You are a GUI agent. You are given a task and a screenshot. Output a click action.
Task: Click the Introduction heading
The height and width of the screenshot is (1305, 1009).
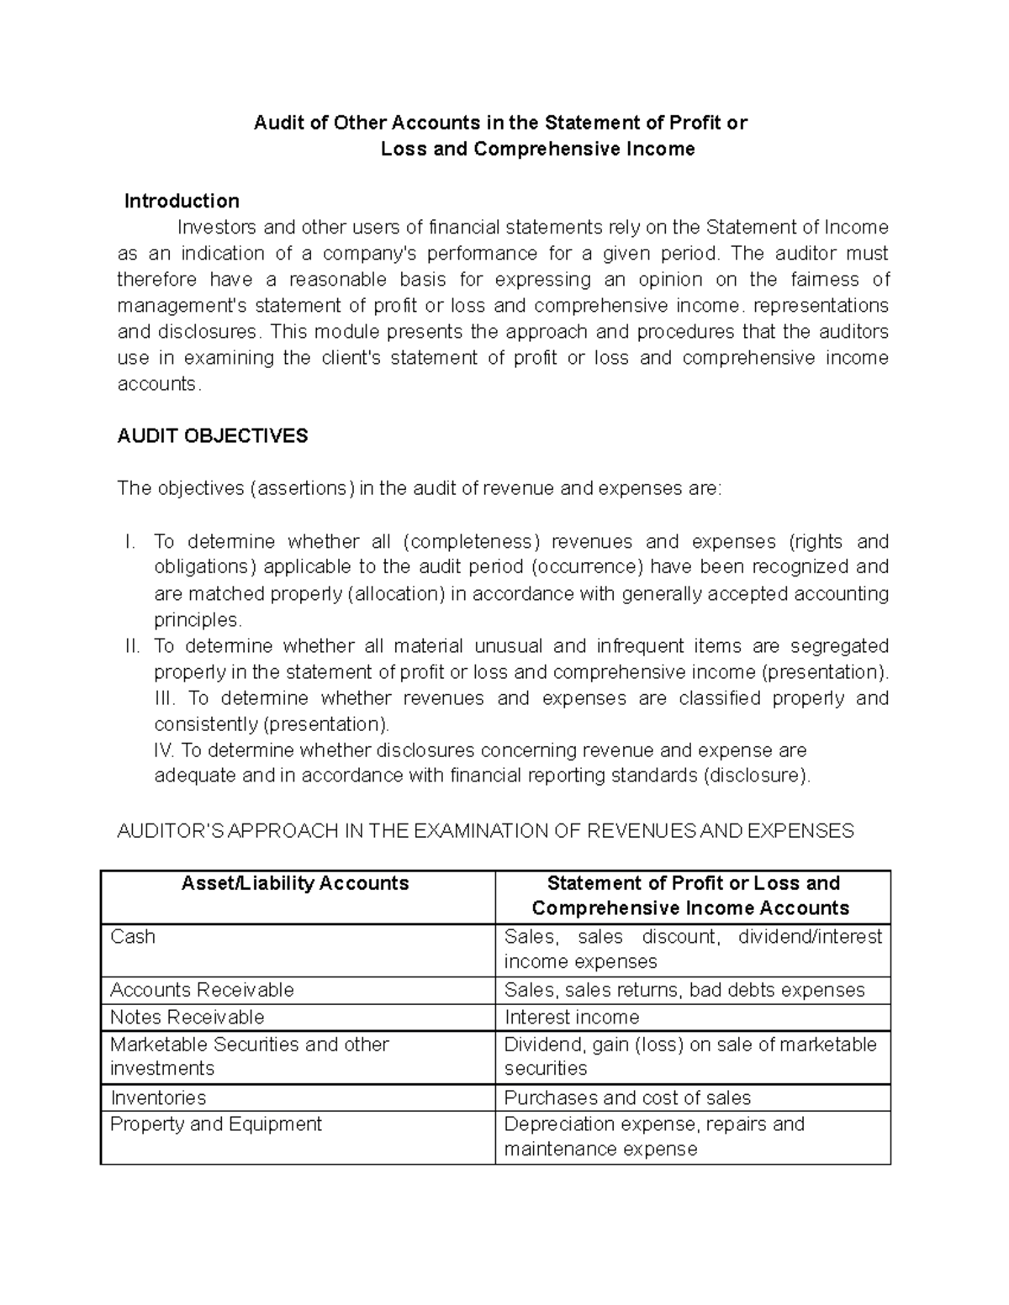click(182, 201)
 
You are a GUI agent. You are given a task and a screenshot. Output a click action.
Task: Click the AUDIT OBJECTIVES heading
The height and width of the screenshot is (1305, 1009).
click(213, 435)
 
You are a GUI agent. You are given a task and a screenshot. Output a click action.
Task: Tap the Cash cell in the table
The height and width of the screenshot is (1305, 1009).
click(133, 936)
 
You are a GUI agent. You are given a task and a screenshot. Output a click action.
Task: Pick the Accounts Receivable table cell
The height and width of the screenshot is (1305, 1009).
click(202, 989)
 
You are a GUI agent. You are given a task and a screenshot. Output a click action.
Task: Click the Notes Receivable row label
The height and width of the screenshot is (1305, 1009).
click(187, 1017)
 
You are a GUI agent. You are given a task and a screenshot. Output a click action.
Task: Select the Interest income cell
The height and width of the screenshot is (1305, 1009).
click(572, 1017)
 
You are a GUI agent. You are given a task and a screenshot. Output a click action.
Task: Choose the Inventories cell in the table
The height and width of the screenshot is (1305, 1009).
click(158, 1097)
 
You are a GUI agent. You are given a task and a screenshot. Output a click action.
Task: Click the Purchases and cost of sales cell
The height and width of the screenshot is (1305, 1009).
click(627, 1097)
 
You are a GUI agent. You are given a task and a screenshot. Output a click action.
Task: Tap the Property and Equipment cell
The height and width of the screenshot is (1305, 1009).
click(216, 1123)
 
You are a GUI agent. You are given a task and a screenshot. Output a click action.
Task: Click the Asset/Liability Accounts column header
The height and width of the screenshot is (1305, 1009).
click(296, 882)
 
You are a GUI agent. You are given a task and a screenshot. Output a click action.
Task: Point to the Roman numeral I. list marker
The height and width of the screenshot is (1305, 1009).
click(129, 541)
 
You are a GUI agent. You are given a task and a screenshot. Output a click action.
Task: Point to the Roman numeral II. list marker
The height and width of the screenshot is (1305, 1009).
click(132, 645)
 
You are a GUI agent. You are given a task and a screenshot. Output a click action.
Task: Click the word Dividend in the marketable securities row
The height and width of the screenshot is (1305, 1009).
click(538, 1044)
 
